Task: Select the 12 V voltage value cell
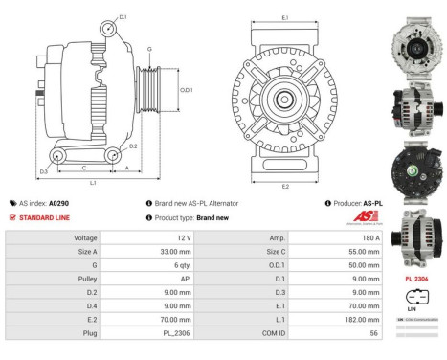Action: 183,236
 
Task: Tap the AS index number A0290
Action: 58,203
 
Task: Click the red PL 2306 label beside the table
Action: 416,280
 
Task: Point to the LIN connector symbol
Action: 416,296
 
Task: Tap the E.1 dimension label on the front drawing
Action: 285,18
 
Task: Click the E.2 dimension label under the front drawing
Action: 285,187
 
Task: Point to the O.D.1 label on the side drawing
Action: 187,91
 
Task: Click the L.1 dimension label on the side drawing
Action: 92,182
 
